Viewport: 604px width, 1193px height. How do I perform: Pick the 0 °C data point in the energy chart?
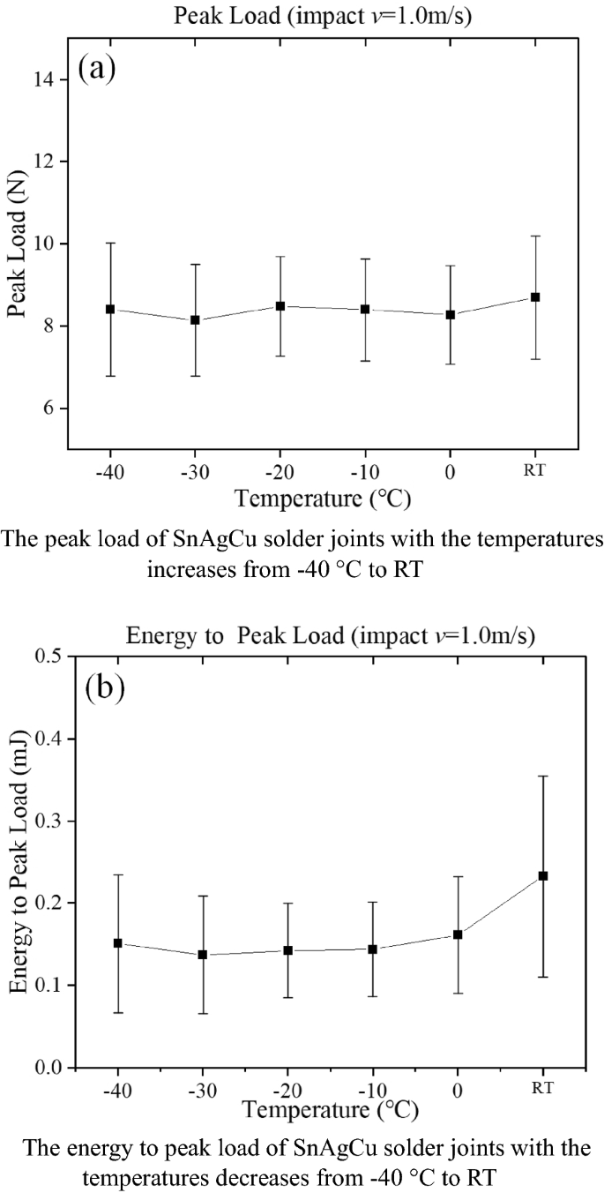(x=458, y=934)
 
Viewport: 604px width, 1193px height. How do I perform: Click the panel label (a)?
(x=97, y=68)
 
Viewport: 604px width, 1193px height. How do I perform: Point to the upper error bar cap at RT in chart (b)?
(x=543, y=777)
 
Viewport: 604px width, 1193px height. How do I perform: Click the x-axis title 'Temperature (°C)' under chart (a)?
(x=323, y=499)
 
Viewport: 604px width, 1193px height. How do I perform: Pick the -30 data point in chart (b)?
(x=202, y=955)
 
